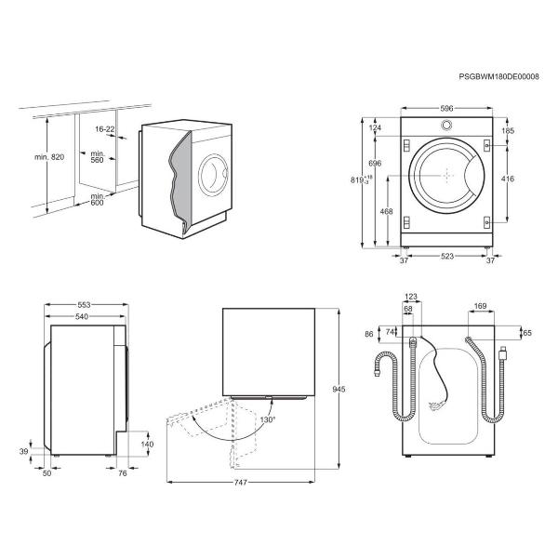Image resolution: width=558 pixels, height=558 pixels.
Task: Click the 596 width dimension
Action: point(446,108)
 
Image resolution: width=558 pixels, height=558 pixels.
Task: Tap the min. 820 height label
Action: point(49,157)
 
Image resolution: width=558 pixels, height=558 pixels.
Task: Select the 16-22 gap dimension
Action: point(105,129)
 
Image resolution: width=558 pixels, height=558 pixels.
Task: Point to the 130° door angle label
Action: point(268,420)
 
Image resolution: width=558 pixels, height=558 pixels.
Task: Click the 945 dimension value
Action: point(339,390)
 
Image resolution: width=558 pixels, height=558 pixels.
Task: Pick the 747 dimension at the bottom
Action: point(240,483)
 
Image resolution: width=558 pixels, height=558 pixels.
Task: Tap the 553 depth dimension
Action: point(84,305)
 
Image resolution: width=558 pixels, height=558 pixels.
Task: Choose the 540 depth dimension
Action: point(82,316)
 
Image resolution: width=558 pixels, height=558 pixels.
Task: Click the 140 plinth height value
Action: point(147,445)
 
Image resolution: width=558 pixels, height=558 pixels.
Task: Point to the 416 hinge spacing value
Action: point(508,179)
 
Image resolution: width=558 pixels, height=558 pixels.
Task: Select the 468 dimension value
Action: point(387,211)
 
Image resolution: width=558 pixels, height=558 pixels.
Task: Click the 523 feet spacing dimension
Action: point(447,256)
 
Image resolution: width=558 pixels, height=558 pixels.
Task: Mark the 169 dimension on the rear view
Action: point(480,306)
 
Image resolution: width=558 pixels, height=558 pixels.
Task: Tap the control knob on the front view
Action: point(446,125)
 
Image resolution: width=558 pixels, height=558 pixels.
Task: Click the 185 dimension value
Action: point(508,130)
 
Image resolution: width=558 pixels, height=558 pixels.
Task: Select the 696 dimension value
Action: point(375,164)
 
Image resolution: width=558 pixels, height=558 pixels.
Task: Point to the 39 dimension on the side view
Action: point(23,452)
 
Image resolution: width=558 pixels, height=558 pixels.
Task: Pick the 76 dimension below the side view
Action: point(122,473)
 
